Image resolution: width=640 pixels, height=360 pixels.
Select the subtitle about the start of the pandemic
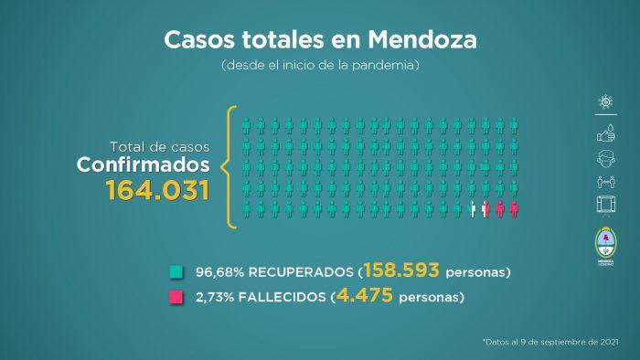click(x=320, y=67)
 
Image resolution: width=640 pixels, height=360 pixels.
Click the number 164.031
click(x=157, y=191)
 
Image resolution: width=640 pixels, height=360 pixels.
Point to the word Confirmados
click(x=144, y=165)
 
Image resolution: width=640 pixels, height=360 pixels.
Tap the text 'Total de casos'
click(x=160, y=146)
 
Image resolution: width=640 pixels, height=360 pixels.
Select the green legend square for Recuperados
click(x=176, y=271)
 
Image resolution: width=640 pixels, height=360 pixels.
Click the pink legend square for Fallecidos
click(x=176, y=297)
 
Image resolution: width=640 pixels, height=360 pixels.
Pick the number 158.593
click(x=401, y=270)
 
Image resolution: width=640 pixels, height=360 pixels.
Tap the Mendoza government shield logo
click(x=605, y=243)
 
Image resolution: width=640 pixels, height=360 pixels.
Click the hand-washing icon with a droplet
click(x=605, y=132)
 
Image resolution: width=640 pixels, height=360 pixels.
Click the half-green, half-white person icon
click(x=472, y=209)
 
